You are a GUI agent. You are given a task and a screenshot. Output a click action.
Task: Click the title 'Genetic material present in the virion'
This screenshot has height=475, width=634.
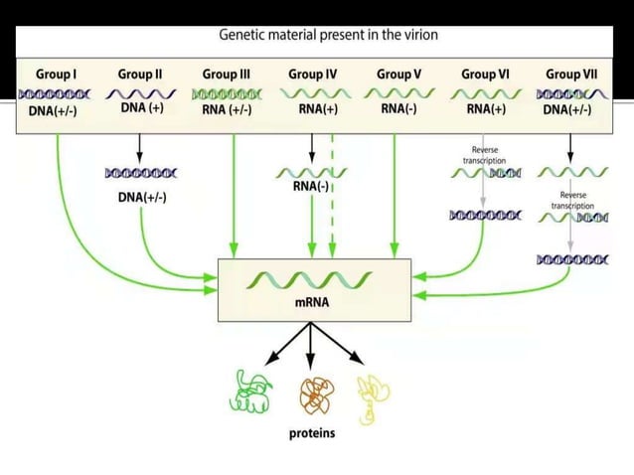pyautogui.click(x=328, y=35)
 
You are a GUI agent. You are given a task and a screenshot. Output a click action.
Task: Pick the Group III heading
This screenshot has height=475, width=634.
pyautogui.click(x=226, y=75)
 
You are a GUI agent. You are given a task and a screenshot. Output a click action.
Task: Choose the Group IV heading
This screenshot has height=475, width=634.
pyautogui.click(x=312, y=75)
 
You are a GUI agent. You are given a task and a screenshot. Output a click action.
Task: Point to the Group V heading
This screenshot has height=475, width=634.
pyautogui.click(x=399, y=75)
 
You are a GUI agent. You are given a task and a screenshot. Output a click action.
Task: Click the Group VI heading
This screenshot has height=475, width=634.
pyautogui.click(x=484, y=75)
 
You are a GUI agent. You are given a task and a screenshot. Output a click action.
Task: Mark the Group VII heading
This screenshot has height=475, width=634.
pyautogui.click(x=571, y=75)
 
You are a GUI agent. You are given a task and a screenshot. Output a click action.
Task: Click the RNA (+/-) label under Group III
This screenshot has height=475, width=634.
pyautogui.click(x=226, y=110)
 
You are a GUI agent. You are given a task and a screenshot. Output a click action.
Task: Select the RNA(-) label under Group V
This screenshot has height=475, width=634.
pyautogui.click(x=399, y=110)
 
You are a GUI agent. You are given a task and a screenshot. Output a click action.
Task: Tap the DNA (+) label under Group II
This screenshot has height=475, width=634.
pyautogui.click(x=142, y=107)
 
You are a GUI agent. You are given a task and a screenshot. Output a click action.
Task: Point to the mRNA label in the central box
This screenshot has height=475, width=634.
pyautogui.click(x=312, y=302)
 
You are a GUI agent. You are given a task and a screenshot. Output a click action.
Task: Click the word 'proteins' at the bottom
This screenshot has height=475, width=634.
pyautogui.click(x=312, y=433)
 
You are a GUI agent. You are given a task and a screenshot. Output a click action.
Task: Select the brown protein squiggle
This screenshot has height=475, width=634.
pyautogui.click(x=313, y=396)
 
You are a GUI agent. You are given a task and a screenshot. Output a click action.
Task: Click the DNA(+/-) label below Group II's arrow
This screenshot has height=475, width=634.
pyautogui.click(x=142, y=198)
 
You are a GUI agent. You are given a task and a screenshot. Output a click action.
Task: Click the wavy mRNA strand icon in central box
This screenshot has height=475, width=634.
pyautogui.click(x=312, y=277)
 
